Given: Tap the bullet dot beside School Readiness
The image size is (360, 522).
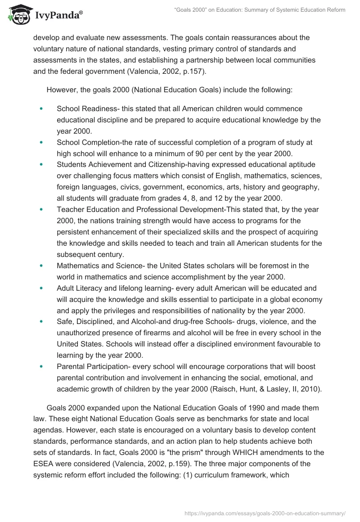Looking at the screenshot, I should click(x=41, y=109).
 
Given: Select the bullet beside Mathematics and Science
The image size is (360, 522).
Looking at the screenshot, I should click(x=41, y=265).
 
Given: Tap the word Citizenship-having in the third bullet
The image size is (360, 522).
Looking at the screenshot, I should click(x=167, y=165).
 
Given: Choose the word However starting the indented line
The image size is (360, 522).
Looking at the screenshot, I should click(x=62, y=90).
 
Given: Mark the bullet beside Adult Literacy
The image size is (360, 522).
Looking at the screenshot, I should click(x=41, y=288).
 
